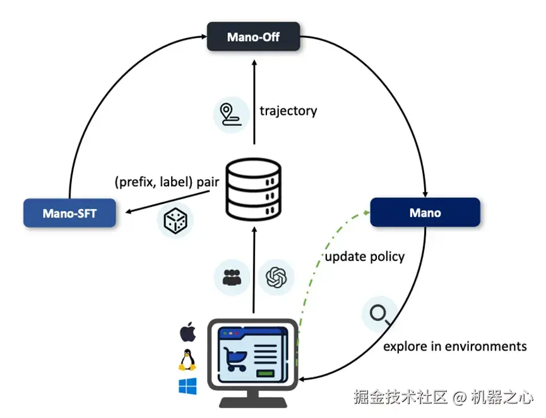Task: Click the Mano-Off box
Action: pyautogui.click(x=253, y=37)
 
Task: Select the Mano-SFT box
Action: pyautogui.click(x=69, y=213)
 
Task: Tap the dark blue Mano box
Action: pyautogui.click(x=425, y=212)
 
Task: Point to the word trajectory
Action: pyautogui.click(x=288, y=111)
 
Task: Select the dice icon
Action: pyautogui.click(x=175, y=220)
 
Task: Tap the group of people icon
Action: pyautogui.click(x=232, y=276)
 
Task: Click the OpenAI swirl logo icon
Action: pyautogui.click(x=276, y=276)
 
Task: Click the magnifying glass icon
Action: pyautogui.click(x=379, y=314)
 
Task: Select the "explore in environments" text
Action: pyautogui.click(x=454, y=346)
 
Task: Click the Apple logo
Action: pyautogui.click(x=187, y=332)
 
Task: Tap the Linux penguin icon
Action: pyautogui.click(x=187, y=359)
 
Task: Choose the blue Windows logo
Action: pyautogui.click(x=187, y=386)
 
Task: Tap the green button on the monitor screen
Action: pyautogui.click(x=266, y=374)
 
